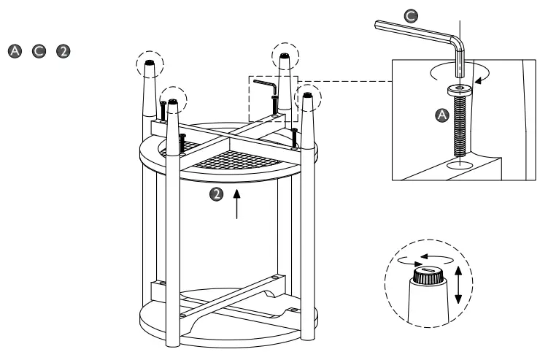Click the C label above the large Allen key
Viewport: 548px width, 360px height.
[412, 15]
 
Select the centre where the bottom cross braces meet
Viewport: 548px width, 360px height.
[235, 296]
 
